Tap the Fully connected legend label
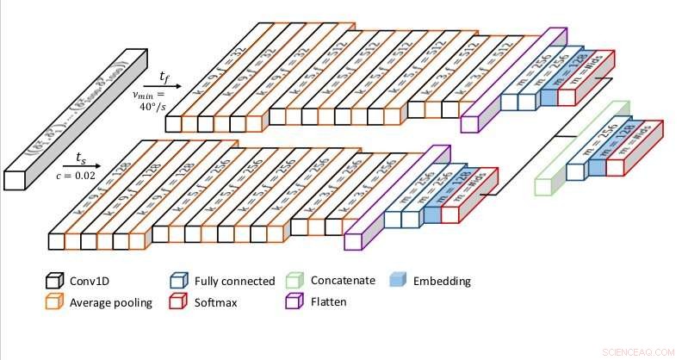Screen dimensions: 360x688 (x=235, y=281)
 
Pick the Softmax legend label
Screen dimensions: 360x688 (x=217, y=302)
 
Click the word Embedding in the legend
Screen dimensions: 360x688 (x=442, y=281)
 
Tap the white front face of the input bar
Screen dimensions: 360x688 (x=15, y=180)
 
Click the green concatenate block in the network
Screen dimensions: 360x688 (x=544, y=184)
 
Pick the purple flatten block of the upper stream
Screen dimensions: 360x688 (x=470, y=121)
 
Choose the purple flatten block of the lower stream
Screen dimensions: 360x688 (x=353, y=239)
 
